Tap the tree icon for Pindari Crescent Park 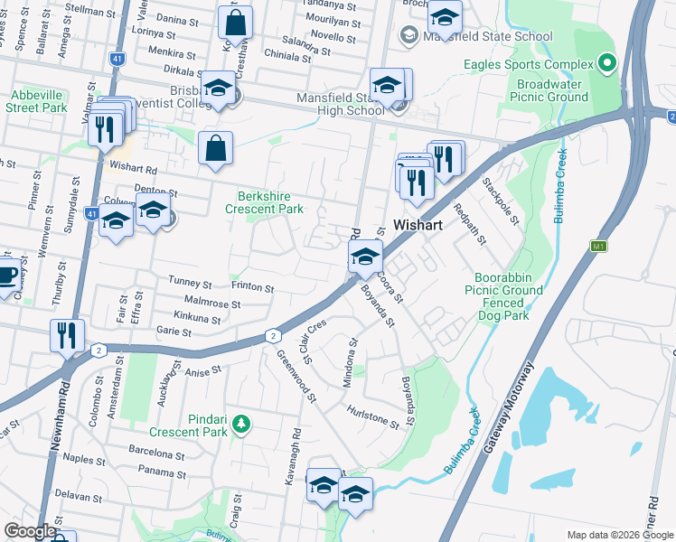click(240, 423)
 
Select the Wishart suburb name click(417, 226)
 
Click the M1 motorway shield click(598, 246)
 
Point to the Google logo click(29, 531)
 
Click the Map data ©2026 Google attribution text click(620, 535)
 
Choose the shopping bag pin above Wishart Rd click(215, 149)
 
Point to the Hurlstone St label click(372, 416)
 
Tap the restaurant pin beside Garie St click(68, 336)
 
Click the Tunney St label click(190, 283)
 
